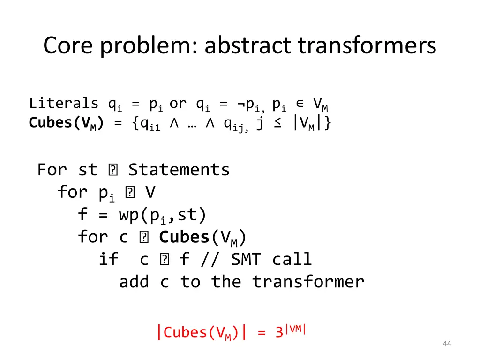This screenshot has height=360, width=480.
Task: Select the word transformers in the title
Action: tap(367, 46)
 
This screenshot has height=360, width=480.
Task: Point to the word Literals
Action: tap(64, 103)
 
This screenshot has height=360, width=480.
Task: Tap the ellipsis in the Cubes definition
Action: tap(195, 123)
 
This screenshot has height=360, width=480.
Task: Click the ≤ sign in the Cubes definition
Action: tap(278, 123)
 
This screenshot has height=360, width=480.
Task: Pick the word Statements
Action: tap(179, 169)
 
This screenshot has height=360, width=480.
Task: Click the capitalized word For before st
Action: tap(52, 169)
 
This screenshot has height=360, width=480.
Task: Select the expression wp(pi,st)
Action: tap(163, 215)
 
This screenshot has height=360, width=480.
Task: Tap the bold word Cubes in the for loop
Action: tap(184, 237)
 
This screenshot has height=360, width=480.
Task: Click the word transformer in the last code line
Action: tap(308, 282)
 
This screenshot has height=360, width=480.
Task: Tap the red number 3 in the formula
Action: tap(279, 332)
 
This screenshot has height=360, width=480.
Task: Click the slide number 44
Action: tap(447, 344)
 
